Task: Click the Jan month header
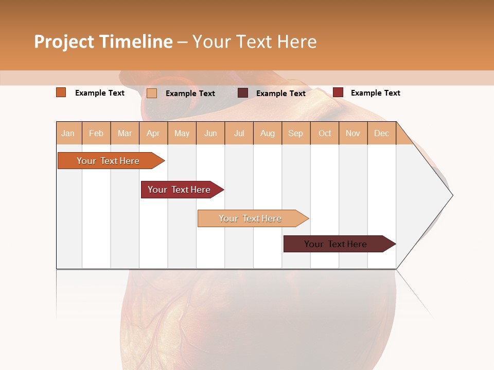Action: click(68, 133)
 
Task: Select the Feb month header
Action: click(96, 133)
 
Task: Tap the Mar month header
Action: click(125, 133)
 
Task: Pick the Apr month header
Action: click(153, 133)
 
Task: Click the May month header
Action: click(182, 133)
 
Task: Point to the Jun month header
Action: click(210, 133)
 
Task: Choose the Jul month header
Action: click(239, 133)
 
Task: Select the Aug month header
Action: click(268, 133)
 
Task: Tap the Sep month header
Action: click(296, 133)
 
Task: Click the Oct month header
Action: click(325, 133)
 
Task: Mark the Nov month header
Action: click(353, 133)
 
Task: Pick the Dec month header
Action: click(382, 133)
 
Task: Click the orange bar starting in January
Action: click(109, 161)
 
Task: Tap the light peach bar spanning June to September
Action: click(251, 218)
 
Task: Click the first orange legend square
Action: click(61, 92)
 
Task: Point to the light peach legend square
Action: click(152, 93)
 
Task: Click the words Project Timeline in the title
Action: click(103, 42)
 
